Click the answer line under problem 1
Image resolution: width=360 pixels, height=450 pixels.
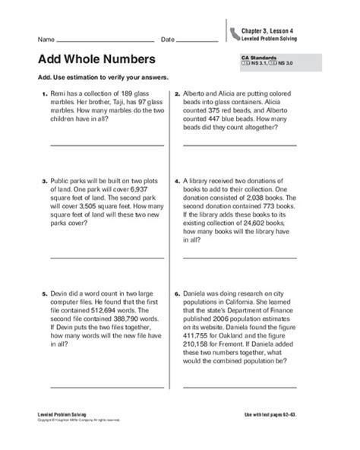pos(96,144)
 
